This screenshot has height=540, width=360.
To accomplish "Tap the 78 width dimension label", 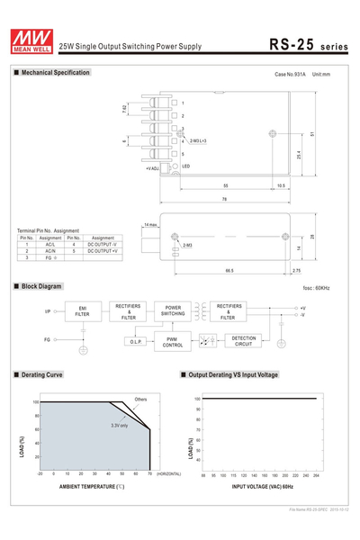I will (x=224, y=199).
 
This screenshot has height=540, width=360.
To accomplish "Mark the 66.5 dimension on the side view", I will (x=229, y=269).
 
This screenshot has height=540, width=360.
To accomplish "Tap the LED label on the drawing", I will (x=185, y=166).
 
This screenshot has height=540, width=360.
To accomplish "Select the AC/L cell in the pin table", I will (x=50, y=244).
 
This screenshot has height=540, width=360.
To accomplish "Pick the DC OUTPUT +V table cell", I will (x=103, y=250).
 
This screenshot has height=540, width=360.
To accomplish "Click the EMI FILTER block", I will (x=82, y=311).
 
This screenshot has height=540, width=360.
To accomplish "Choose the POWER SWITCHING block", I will (x=173, y=310).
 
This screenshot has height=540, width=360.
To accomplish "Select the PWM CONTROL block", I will (x=173, y=341).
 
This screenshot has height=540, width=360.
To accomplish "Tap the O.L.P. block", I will (x=136, y=342).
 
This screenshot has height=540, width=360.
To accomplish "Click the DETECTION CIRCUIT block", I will (x=243, y=341).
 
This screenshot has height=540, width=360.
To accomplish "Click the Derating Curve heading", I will (x=41, y=374).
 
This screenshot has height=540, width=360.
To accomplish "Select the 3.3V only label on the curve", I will (x=119, y=425).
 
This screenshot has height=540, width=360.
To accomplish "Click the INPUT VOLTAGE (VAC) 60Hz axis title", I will (x=263, y=486).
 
